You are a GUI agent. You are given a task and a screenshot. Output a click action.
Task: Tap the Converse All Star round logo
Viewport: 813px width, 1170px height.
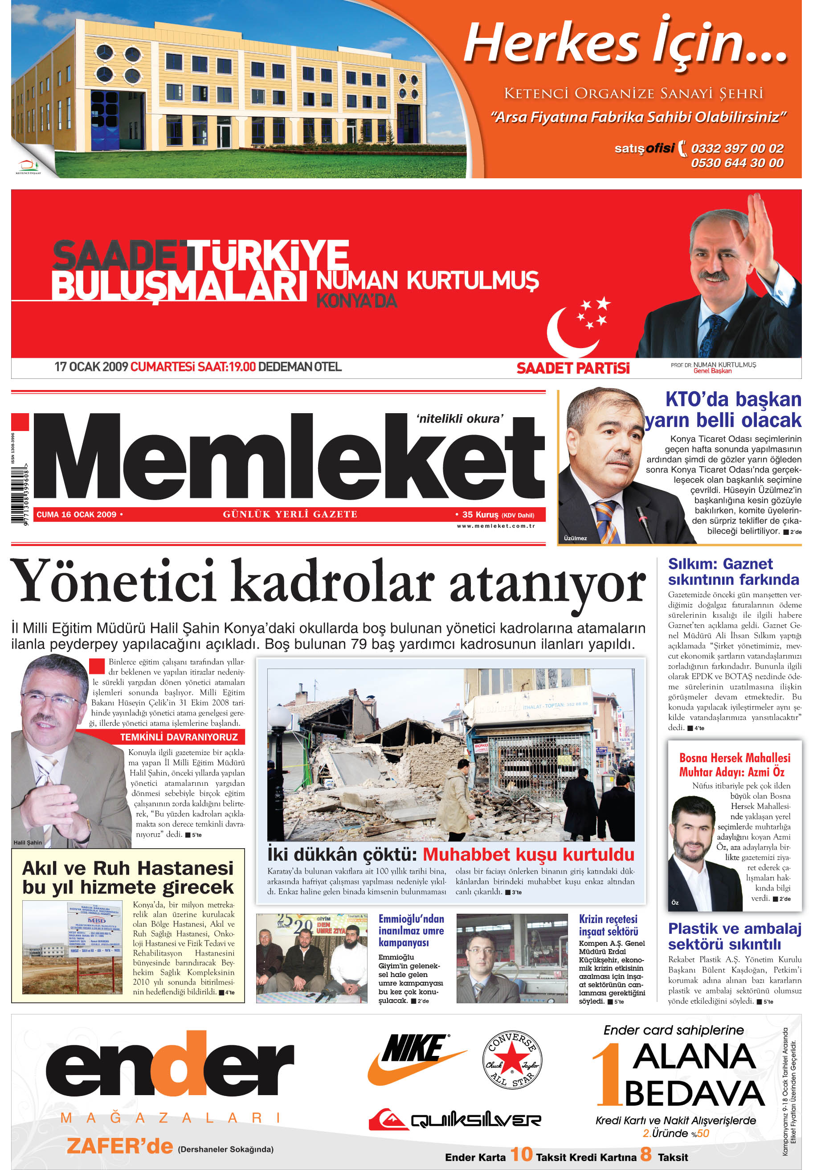click(x=512, y=1060)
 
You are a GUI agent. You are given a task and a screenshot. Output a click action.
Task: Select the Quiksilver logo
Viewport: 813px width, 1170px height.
click(x=454, y=1120)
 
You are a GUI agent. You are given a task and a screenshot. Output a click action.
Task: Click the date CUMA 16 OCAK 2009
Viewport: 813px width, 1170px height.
click(x=77, y=515)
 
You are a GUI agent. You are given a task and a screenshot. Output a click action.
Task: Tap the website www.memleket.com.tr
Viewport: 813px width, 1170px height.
click(x=496, y=526)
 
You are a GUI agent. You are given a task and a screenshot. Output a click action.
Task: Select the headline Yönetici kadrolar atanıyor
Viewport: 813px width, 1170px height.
click(x=327, y=583)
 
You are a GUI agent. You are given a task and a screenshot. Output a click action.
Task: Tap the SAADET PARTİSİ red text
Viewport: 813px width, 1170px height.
click(x=572, y=368)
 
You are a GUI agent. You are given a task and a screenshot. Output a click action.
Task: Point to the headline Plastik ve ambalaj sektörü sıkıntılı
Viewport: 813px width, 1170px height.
click(x=734, y=936)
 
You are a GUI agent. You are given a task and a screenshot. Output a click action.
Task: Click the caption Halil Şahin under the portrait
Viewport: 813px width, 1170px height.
click(x=28, y=842)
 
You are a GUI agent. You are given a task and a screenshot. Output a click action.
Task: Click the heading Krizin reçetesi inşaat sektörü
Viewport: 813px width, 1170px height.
click(x=608, y=925)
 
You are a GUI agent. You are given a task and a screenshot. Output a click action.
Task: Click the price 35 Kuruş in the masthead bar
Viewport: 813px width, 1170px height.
click(x=480, y=515)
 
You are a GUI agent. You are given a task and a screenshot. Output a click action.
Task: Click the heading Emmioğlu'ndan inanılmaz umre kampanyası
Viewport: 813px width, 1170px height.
click(x=411, y=931)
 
